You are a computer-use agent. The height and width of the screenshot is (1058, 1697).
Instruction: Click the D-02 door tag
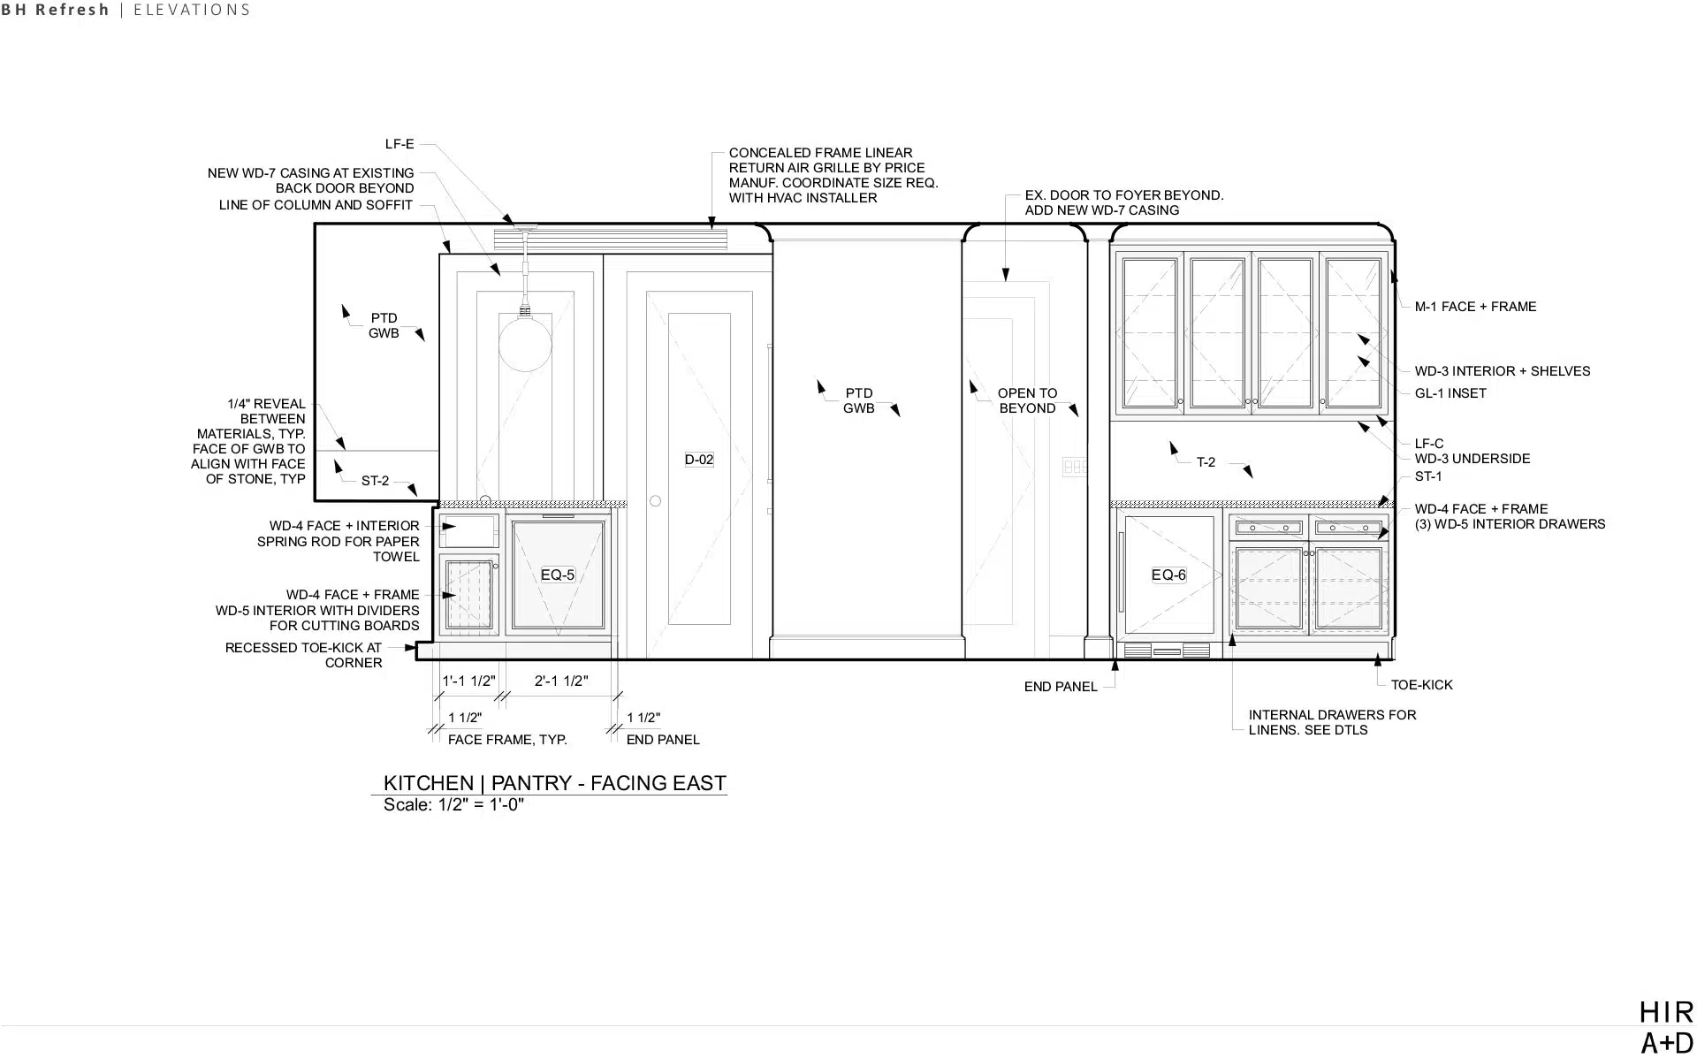tap(698, 460)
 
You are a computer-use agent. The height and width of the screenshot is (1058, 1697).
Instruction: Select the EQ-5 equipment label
tap(557, 575)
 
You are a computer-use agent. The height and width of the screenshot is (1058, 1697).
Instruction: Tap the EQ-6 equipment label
tap(1168, 575)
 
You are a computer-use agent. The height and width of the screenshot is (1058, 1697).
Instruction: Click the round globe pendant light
tap(525, 343)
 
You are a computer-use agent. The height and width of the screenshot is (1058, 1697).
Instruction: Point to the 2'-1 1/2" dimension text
tap(560, 681)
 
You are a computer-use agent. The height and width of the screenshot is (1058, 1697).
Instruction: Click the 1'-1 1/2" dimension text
tap(468, 681)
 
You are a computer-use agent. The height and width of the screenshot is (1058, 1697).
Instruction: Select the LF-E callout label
tap(400, 144)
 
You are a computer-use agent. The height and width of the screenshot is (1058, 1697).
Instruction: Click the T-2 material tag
tap(1206, 462)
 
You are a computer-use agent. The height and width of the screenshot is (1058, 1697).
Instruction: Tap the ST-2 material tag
tap(375, 481)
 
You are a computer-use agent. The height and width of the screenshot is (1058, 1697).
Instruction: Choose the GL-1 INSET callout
tap(1450, 393)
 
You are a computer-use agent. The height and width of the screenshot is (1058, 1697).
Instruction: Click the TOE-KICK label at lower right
tap(1421, 685)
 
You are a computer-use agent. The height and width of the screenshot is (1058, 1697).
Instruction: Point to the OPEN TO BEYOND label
tap(1027, 400)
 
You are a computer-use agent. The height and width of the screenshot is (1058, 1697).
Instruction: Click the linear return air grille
tap(610, 239)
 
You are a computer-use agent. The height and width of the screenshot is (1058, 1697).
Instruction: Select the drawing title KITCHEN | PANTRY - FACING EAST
tap(554, 783)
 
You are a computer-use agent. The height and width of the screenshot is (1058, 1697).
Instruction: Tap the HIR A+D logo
tap(1666, 1026)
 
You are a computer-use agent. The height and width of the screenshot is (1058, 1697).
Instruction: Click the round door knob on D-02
tap(655, 501)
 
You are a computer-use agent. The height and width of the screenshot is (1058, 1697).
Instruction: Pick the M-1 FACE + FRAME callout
tap(1475, 307)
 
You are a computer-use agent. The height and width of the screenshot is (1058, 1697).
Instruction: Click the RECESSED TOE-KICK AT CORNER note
tap(303, 655)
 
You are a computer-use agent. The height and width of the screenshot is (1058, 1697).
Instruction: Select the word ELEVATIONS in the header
tap(192, 11)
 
